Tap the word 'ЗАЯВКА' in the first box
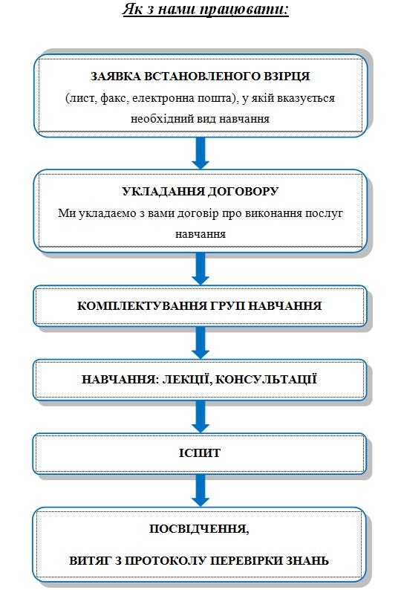coord(116,77)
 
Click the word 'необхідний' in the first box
coord(162,119)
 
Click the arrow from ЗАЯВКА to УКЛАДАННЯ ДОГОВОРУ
coord(201,153)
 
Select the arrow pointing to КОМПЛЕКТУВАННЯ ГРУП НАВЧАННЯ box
coord(201,269)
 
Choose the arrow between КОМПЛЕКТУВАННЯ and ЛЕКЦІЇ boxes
coord(201,343)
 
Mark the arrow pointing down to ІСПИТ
coord(201,416)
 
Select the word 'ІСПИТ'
coord(200,453)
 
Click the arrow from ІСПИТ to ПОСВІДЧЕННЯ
coord(201,490)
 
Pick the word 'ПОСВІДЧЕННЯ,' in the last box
coord(199,529)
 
